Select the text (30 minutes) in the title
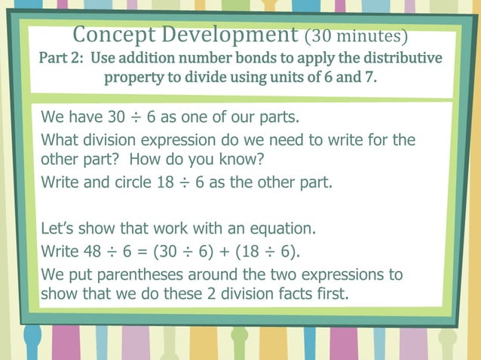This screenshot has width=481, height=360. (x=356, y=36)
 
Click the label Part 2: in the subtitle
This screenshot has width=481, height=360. (x=62, y=59)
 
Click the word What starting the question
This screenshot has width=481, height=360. (x=60, y=140)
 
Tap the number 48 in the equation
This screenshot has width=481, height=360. (x=88, y=251)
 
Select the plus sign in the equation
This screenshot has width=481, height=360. (x=218, y=251)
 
